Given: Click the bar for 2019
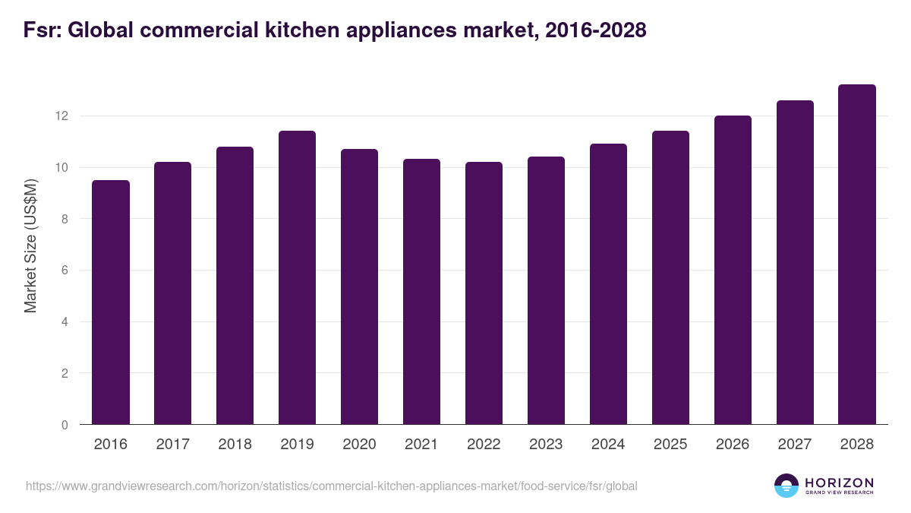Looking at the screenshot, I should tap(297, 278).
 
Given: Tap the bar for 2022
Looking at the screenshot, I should tap(484, 293).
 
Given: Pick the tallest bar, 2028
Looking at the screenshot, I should tap(857, 255).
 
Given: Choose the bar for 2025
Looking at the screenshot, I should tap(670, 278).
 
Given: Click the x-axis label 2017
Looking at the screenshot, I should tap(173, 445).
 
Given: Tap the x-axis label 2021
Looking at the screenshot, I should tap(421, 445).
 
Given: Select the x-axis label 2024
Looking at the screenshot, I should tap(608, 445).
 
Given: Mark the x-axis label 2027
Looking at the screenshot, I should tap(795, 445).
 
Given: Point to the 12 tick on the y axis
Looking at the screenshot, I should tap(61, 116).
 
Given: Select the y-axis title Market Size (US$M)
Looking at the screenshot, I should tap(30, 245).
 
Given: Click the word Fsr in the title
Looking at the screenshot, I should tap(36, 31).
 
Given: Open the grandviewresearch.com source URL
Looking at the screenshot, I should tap(332, 486).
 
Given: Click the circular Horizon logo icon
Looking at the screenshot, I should tap(786, 486).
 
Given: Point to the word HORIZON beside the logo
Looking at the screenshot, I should tap(840, 483).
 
